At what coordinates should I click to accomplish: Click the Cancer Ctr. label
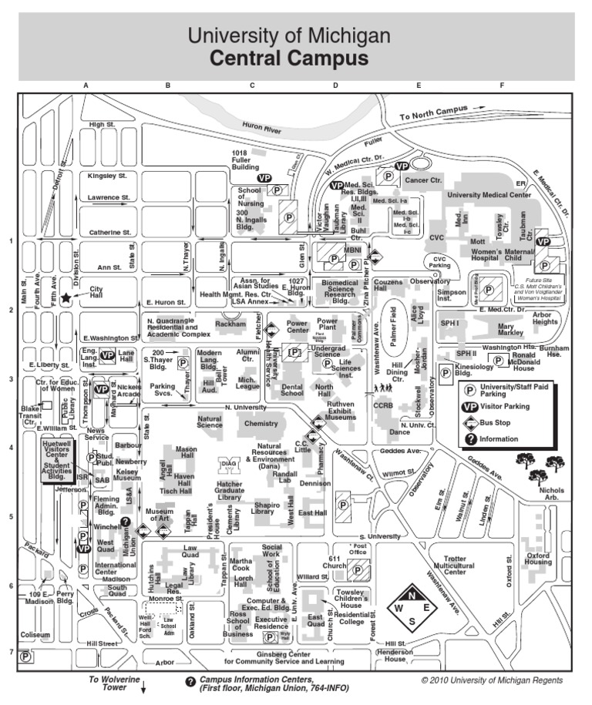pos(424,180)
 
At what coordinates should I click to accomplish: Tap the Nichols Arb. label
pos(552,494)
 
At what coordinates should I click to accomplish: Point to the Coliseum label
pos(35,635)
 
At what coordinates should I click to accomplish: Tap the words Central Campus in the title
pos(289,59)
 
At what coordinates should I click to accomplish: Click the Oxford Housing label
pos(539,558)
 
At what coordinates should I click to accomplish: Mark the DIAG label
pos(229,463)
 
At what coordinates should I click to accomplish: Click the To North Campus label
pos(434,112)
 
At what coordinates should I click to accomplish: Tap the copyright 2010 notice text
pos(492,680)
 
